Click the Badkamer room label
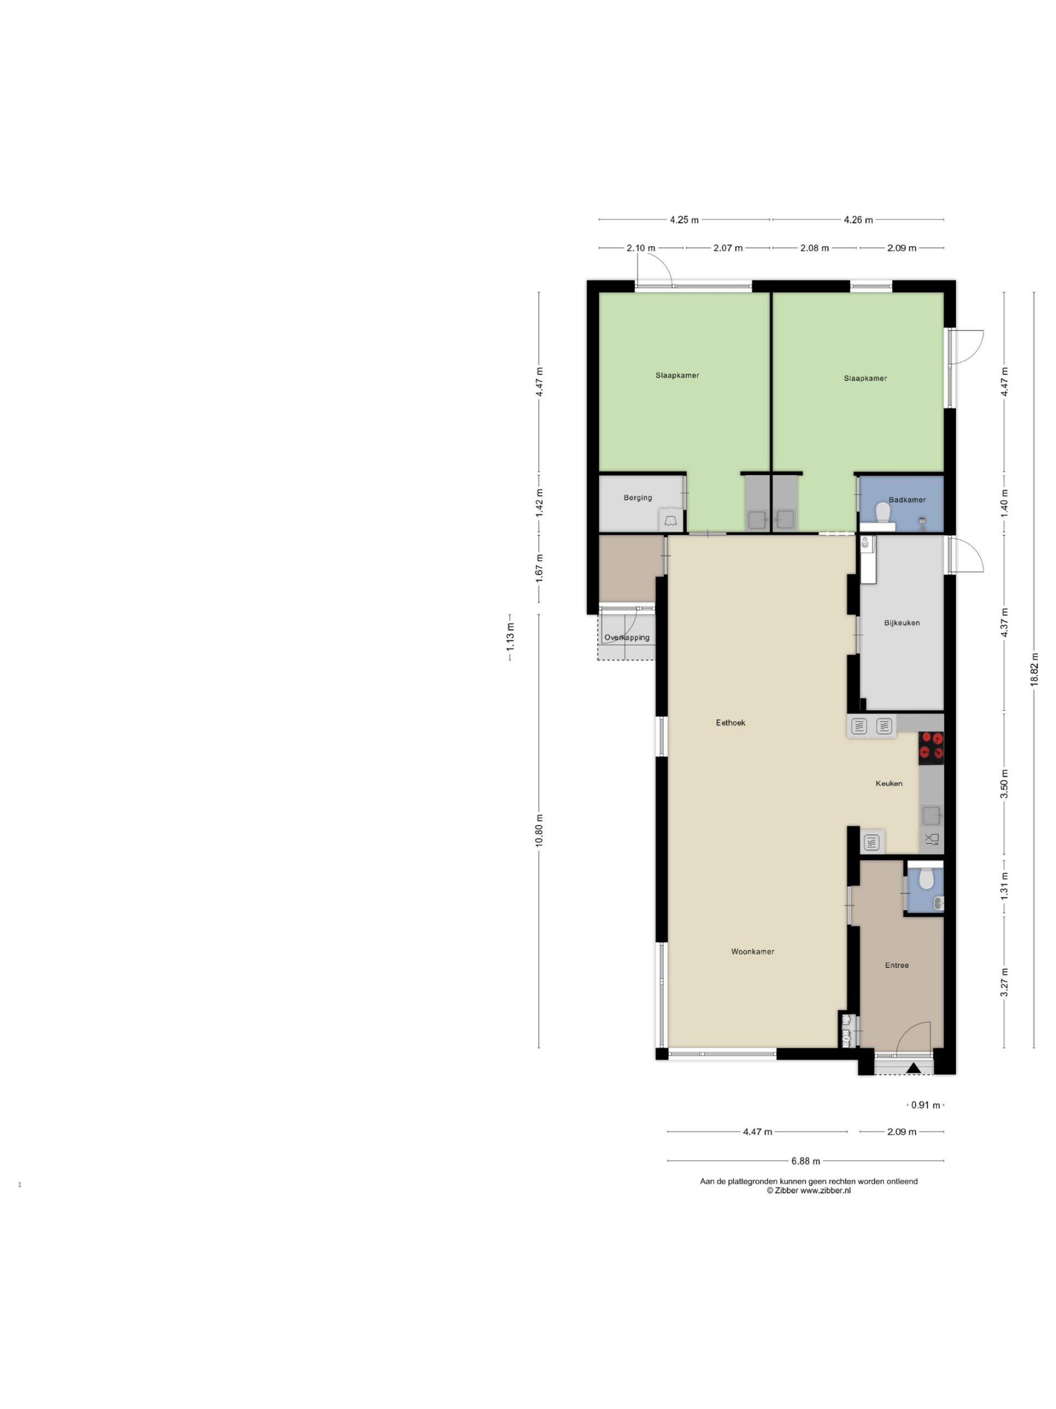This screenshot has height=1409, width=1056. coord(906,500)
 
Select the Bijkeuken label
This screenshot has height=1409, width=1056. coord(901,623)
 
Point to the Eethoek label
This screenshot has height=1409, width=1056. coord(730,722)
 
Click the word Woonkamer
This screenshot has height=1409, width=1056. coord(752,952)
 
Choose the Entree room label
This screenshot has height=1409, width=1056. coord(897,965)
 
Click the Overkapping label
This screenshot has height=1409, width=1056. coord(627,637)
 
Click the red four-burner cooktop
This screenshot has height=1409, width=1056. coord(931,748)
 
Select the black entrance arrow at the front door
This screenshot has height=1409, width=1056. coord(914,1068)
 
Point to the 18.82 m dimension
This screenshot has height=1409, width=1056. coord(1035,669)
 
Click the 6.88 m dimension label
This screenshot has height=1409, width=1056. coord(805,1161)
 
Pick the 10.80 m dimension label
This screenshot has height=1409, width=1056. coord(539,831)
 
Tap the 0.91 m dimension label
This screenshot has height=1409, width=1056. coord(926,1105)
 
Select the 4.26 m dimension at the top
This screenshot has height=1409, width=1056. coord(858,220)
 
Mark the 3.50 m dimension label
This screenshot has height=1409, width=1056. coord(1004,784)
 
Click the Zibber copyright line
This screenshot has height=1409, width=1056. coord(809,1190)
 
